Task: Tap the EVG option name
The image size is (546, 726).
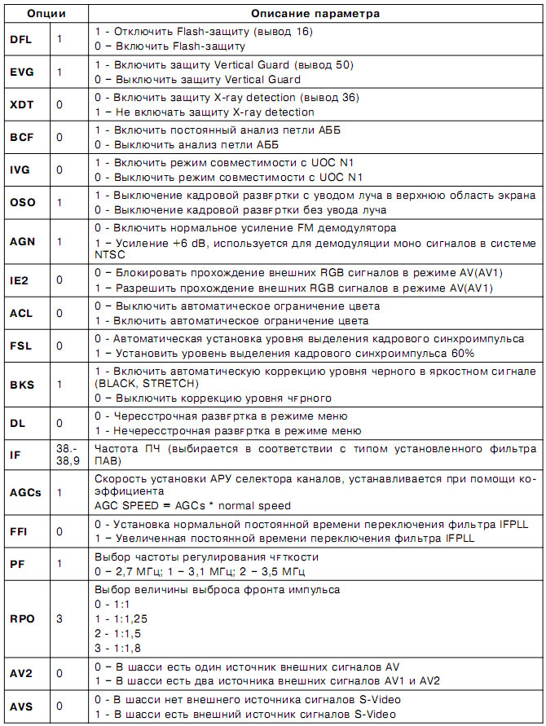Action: (x=22, y=72)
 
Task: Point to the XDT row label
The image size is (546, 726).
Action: (x=22, y=105)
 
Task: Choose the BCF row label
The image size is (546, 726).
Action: (x=22, y=138)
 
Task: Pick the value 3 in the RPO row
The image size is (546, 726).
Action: (x=59, y=618)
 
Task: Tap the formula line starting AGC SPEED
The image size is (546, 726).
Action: (x=192, y=506)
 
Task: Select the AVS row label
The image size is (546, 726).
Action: (x=22, y=706)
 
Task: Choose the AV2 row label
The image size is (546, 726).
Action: (x=22, y=673)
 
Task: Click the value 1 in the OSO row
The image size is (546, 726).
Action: (x=59, y=202)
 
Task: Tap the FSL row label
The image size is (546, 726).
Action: (x=22, y=345)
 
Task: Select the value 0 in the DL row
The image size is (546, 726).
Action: (x=59, y=424)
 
